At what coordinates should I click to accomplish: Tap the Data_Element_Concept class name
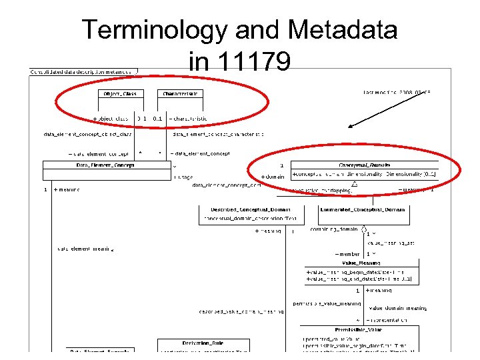pyautogui.click(x=105, y=165)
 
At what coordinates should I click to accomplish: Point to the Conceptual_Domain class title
pyautogui.click(x=364, y=165)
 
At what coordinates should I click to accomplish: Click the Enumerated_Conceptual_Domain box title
pyautogui.click(x=362, y=209)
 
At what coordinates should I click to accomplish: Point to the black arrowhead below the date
pyautogui.click(x=352, y=123)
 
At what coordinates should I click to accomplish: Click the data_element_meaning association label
pyautogui.click(x=85, y=249)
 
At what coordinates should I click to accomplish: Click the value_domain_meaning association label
pyautogui.click(x=397, y=308)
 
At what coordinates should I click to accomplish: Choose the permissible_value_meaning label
pyautogui.click(x=327, y=303)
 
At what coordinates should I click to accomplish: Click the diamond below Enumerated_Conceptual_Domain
pyautogui.click(x=364, y=233)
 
